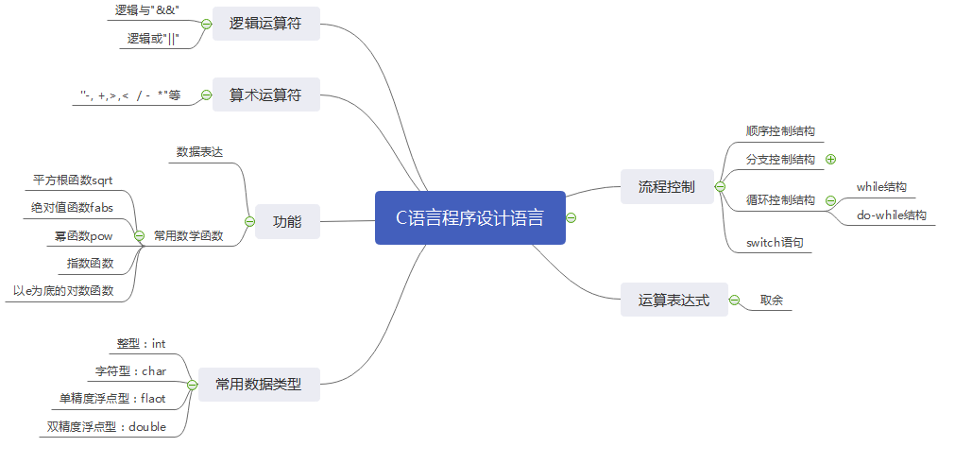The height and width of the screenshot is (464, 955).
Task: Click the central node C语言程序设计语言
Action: (x=469, y=218)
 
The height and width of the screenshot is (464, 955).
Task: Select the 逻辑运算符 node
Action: (x=265, y=24)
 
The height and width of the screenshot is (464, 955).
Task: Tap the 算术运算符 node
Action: (x=265, y=95)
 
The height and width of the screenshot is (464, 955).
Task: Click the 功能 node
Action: (x=287, y=222)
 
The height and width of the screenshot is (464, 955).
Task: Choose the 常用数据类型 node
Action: (x=258, y=385)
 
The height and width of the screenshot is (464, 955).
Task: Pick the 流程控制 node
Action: (x=666, y=186)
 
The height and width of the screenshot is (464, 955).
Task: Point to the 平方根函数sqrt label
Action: (x=73, y=179)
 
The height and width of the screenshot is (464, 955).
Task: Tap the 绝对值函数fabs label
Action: (x=72, y=206)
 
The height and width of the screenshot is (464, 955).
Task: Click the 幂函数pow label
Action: (x=83, y=235)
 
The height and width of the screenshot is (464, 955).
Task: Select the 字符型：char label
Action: (x=130, y=370)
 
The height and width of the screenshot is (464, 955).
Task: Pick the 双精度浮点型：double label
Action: (x=107, y=426)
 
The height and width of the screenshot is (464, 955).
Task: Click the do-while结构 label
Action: (x=891, y=215)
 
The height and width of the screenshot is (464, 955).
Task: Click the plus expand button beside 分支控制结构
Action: (x=830, y=160)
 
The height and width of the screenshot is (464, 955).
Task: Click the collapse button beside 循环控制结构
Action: (x=830, y=200)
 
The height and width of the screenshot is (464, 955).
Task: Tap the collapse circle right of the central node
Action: (x=571, y=218)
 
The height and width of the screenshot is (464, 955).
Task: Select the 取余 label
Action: (x=771, y=301)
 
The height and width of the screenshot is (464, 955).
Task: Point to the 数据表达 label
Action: (x=199, y=151)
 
